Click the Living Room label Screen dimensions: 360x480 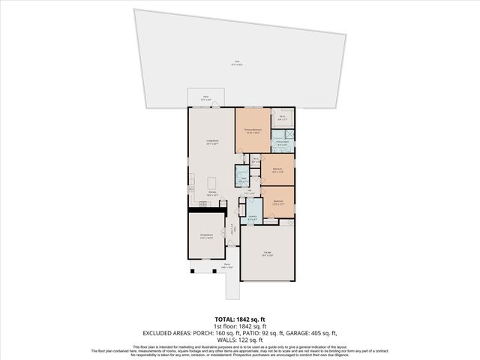point(212,141)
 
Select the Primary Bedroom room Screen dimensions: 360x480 point(253,130)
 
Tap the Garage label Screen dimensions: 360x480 point(267,253)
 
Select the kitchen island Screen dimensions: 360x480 point(212,182)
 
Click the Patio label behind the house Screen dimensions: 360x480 point(206,97)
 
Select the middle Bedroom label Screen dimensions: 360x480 point(277,169)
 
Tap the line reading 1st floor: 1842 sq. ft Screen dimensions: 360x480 point(239,326)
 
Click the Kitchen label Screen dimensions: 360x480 point(212,193)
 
